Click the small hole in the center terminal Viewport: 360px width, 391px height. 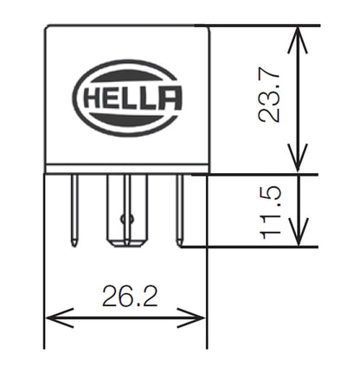tap(126, 218)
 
